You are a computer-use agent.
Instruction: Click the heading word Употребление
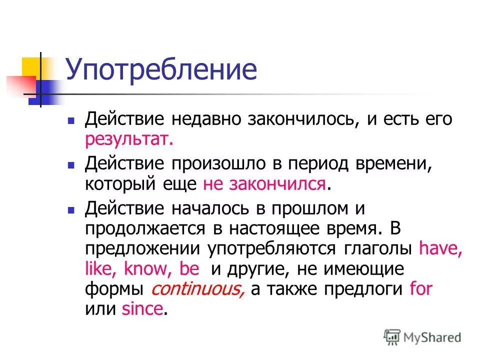tap(161, 70)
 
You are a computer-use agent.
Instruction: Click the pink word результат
tap(129, 140)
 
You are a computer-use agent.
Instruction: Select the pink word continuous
tap(198, 289)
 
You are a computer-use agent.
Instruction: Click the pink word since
tap(142, 309)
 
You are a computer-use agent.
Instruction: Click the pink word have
tap(440, 248)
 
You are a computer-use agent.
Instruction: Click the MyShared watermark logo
tap(422, 337)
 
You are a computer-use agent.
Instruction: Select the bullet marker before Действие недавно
tap(71, 121)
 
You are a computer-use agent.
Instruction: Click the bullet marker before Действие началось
tap(71, 208)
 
